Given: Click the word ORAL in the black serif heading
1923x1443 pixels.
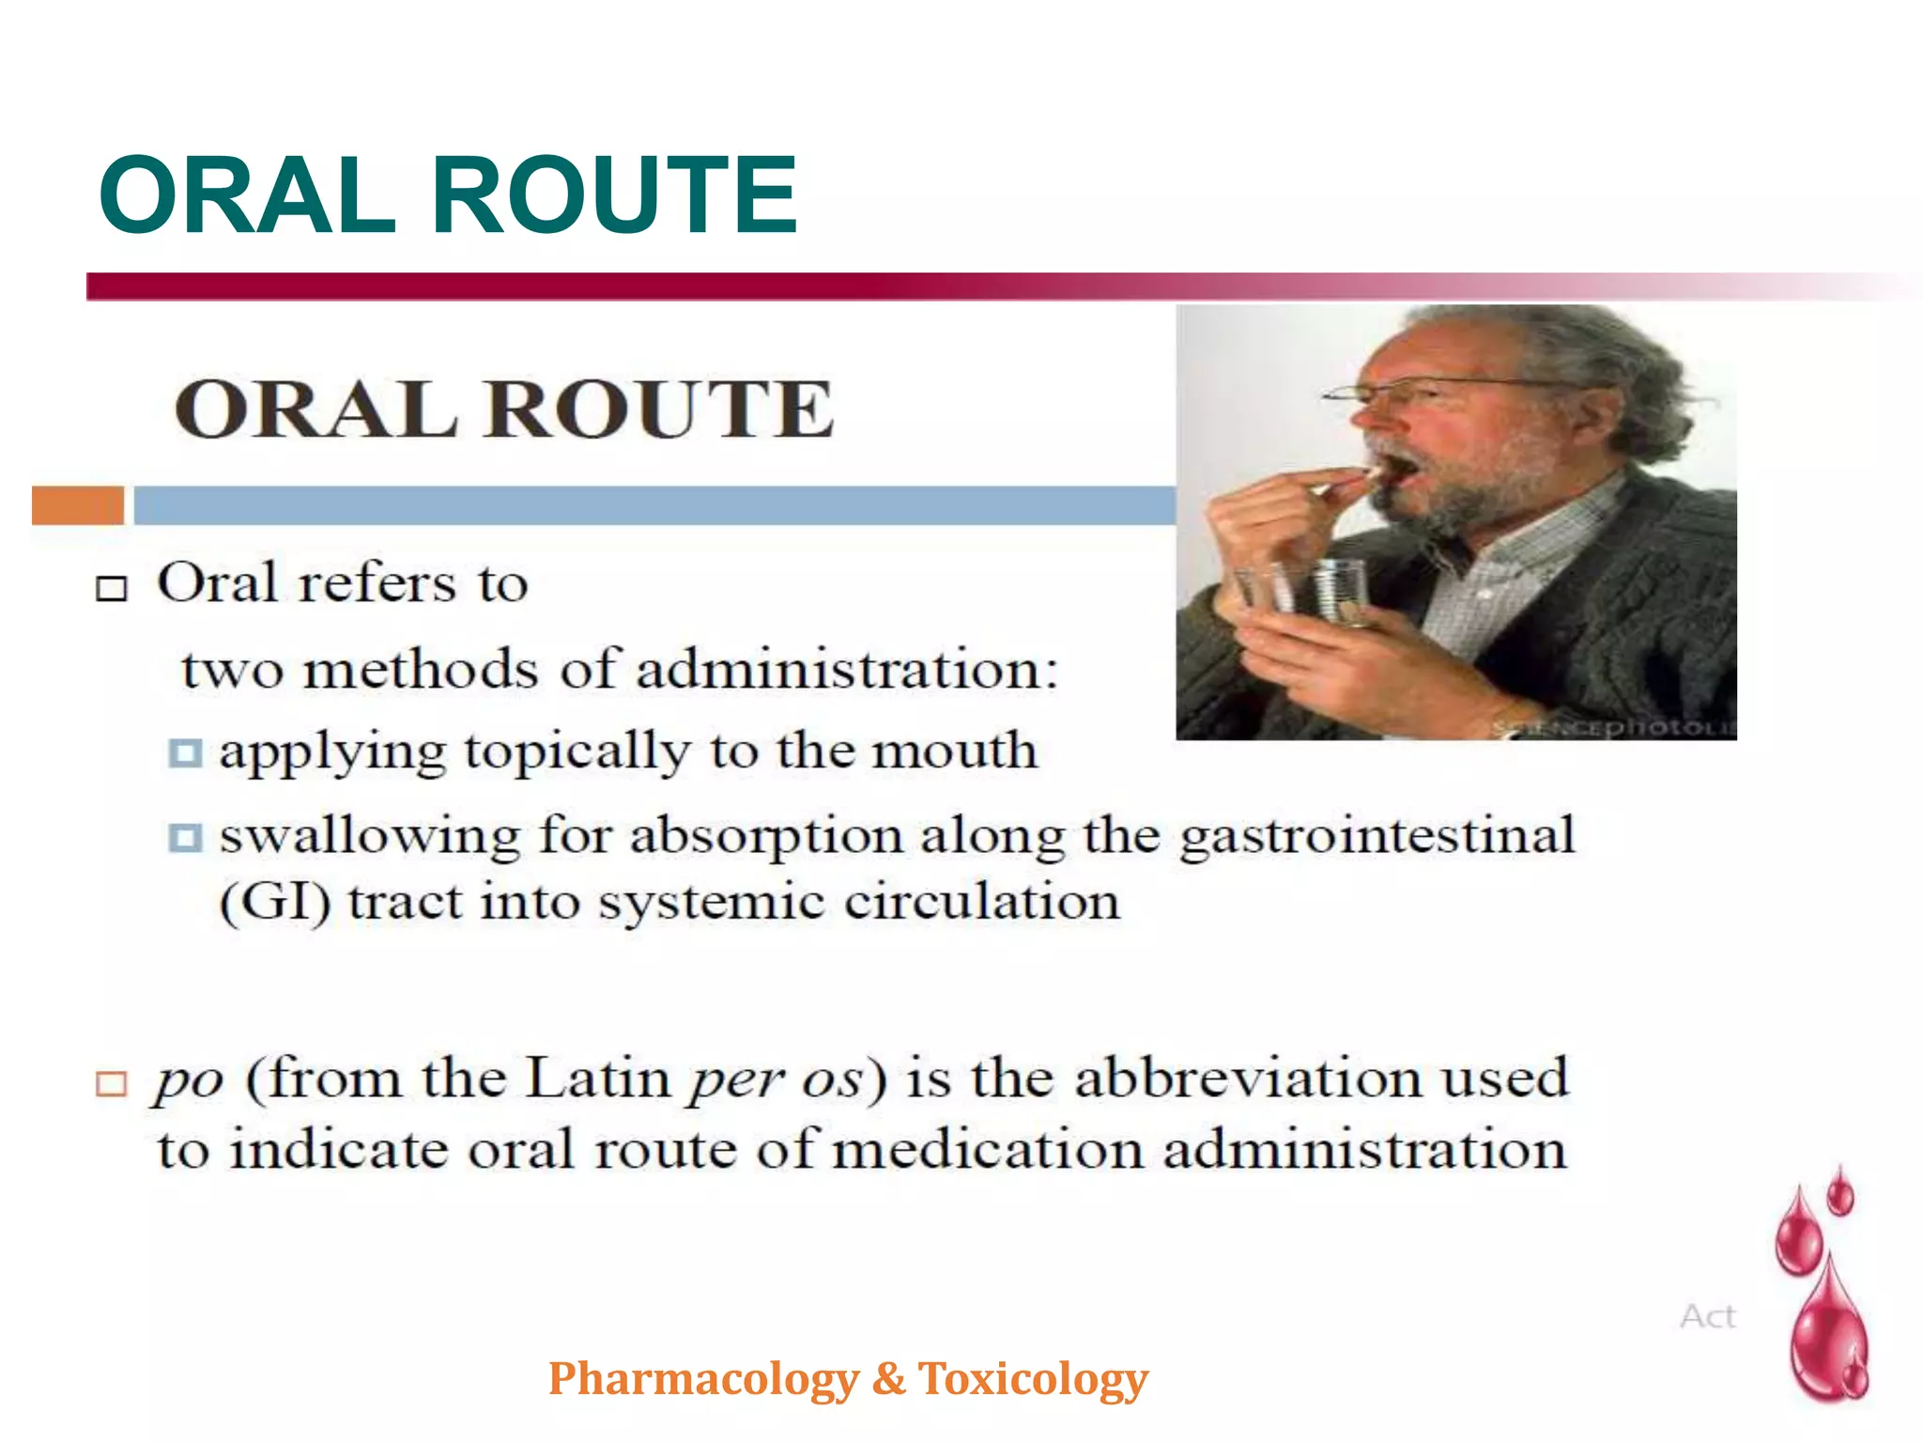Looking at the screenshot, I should [x=315, y=410].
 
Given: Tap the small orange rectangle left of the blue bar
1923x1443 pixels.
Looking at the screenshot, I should [x=77, y=505].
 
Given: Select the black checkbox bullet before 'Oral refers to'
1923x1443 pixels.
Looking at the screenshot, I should [x=112, y=588].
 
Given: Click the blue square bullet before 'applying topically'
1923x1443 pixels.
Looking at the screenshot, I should [x=185, y=753].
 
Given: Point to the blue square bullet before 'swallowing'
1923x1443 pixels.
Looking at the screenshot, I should [x=185, y=837].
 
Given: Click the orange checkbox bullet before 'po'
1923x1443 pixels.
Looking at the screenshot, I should [x=112, y=1083].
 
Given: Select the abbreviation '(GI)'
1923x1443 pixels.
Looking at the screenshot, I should [x=274, y=903].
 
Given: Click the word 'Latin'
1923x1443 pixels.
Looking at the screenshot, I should [x=597, y=1078].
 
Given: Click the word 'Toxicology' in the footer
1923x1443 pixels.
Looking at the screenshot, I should [x=1033, y=1379].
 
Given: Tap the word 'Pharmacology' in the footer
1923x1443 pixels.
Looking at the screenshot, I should [x=704, y=1379].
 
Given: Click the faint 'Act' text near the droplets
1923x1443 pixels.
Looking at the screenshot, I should [x=1708, y=1316].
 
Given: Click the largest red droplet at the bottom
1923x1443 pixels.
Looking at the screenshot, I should [x=1829, y=1334].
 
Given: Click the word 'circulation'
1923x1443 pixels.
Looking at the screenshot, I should [x=982, y=903].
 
